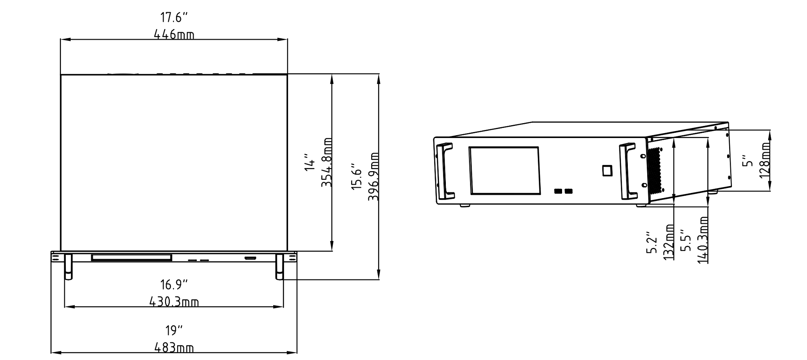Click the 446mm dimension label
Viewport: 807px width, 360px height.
pyautogui.click(x=174, y=35)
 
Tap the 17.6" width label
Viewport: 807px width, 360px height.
pyautogui.click(x=174, y=18)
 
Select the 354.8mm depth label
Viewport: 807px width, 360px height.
pyautogui.click(x=327, y=162)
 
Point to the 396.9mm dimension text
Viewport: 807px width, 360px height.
pyautogui.click(x=374, y=177)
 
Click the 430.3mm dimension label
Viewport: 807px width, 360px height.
pyautogui.click(x=174, y=302)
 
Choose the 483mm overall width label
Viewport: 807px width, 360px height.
pyautogui.click(x=174, y=348)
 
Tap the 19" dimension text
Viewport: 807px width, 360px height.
pyautogui.click(x=174, y=331)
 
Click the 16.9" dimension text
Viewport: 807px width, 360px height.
pyautogui.click(x=174, y=285)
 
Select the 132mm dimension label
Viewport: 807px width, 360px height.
pyautogui.click(x=669, y=242)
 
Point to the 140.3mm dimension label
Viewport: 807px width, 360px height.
pyautogui.click(x=703, y=240)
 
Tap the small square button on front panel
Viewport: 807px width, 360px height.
pyautogui.click(x=607, y=170)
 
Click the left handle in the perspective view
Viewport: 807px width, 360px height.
pyautogui.click(x=445, y=171)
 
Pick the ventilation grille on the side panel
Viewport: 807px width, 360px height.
pyautogui.click(x=655, y=170)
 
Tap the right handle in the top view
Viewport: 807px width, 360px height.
pyautogui.click(x=279, y=266)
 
